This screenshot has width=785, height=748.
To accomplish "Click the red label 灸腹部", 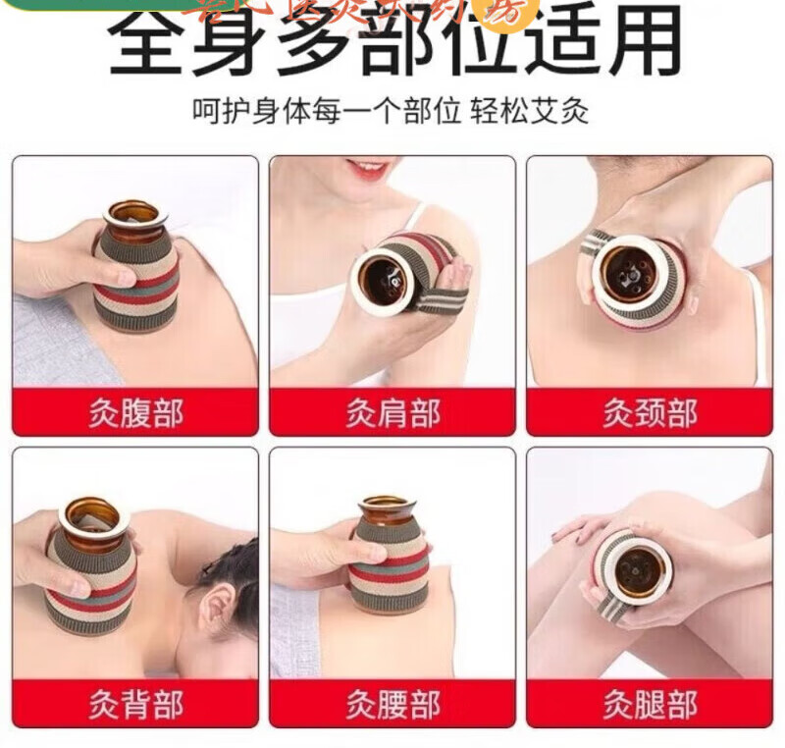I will click(x=135, y=412).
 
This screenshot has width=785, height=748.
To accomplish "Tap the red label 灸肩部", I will click(x=392, y=412).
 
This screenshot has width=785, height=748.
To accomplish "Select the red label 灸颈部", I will click(x=650, y=412).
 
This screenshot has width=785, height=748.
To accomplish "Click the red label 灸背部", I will click(x=135, y=704).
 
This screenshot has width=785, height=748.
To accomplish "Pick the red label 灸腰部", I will click(x=392, y=704).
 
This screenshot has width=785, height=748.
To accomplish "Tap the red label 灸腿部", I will click(x=650, y=704).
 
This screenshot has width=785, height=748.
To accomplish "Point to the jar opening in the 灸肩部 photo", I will click(x=381, y=281).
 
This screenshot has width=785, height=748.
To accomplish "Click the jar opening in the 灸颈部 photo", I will click(x=628, y=271).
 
